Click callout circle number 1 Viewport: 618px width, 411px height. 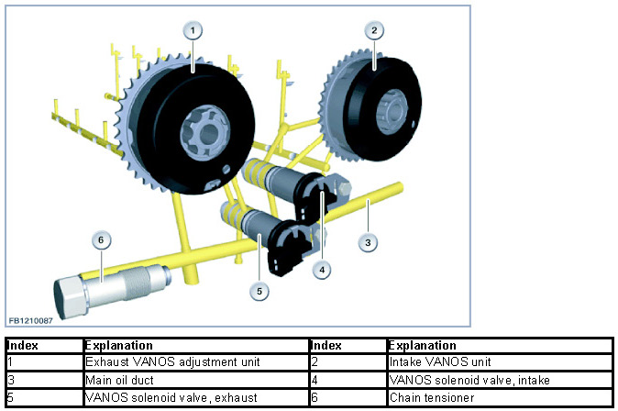[x=193, y=29]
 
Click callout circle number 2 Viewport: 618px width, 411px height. [x=374, y=29]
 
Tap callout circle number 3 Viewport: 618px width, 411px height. [x=367, y=242]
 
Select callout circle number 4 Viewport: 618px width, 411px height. [x=321, y=270]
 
